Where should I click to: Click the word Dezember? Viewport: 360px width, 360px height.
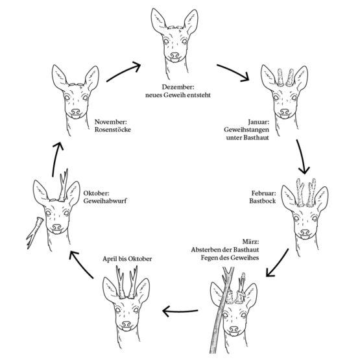(x=178, y=87)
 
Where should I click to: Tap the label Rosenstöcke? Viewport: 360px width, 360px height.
(x=113, y=130)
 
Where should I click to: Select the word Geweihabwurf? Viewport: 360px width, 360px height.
(x=105, y=201)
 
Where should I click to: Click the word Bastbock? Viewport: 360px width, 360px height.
(x=263, y=201)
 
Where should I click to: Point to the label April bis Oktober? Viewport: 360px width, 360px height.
(x=127, y=259)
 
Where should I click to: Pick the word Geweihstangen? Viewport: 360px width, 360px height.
(x=246, y=130)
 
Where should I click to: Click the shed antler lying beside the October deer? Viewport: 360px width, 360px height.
(x=35, y=232)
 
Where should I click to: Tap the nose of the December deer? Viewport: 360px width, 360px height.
(x=174, y=55)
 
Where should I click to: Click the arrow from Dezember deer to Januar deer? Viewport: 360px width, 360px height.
(x=234, y=71)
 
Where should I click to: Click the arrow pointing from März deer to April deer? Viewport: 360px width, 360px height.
(x=180, y=311)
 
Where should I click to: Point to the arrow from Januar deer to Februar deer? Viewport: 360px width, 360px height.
(x=302, y=156)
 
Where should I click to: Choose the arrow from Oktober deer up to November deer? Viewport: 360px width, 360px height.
(x=56, y=160)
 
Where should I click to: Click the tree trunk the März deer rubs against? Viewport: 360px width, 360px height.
(x=222, y=310)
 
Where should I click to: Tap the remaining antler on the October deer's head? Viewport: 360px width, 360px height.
(x=63, y=187)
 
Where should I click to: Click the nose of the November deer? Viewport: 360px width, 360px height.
(x=75, y=112)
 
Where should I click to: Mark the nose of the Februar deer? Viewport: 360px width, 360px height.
(x=305, y=232)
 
